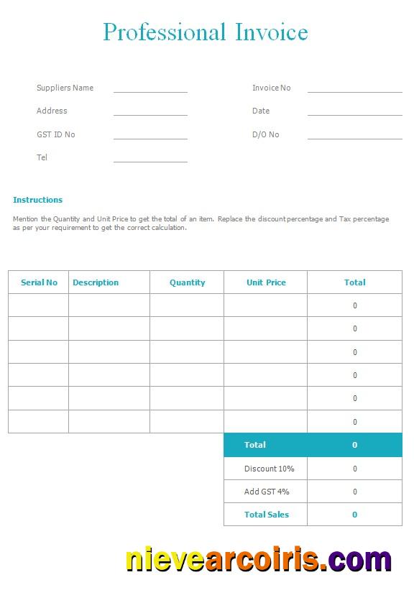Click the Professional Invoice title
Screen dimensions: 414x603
[x=206, y=32]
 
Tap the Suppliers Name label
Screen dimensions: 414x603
[x=65, y=88]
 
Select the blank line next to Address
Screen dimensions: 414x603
[x=150, y=114]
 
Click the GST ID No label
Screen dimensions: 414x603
[x=55, y=134]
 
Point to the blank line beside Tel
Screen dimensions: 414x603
[x=150, y=160]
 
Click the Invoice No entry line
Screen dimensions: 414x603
[x=354, y=91]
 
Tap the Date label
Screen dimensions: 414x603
[x=261, y=111]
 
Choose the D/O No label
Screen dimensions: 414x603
[x=265, y=134]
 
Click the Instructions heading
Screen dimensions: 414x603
[x=37, y=200]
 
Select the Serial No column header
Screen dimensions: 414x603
[x=39, y=282]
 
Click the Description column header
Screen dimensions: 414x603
[x=96, y=282]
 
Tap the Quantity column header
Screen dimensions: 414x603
[x=187, y=282]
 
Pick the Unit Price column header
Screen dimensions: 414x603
[x=266, y=282]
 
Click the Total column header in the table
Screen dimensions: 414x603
[x=354, y=282]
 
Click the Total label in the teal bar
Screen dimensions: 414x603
[x=255, y=445]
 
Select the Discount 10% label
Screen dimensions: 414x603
[x=269, y=469]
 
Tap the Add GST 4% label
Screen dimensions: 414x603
[x=267, y=492]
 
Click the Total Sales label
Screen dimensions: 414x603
[x=266, y=515]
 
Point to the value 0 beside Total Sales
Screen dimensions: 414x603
[x=354, y=515]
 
